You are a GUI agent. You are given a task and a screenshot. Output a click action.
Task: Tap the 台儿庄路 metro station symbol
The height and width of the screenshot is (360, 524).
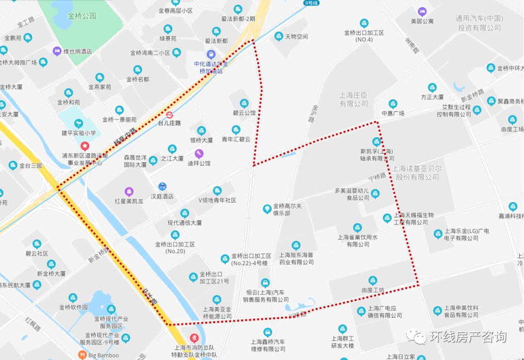pyautogui.click(x=169, y=115)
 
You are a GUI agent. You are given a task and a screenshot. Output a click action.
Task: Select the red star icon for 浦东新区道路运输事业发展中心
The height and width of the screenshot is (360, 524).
pyautogui.click(x=85, y=145)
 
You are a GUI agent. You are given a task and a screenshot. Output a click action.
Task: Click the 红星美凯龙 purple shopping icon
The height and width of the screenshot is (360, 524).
pyautogui.click(x=129, y=191)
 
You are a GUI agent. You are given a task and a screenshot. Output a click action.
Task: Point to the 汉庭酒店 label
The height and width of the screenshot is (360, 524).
pyautogui.click(x=162, y=196)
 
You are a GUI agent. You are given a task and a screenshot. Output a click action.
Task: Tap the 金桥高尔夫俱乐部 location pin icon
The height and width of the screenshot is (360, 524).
pyautogui.click(x=266, y=209)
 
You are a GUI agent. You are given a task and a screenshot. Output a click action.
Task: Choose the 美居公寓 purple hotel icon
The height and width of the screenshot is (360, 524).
pyautogui.click(x=422, y=11)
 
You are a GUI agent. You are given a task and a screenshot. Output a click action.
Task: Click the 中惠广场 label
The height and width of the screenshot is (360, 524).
pyautogui.click(x=393, y=113)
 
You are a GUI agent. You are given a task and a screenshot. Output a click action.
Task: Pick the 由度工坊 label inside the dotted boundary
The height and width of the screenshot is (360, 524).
pyautogui.click(x=373, y=290)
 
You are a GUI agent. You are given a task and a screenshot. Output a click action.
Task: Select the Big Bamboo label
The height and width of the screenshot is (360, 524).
pyautogui.click(x=103, y=355)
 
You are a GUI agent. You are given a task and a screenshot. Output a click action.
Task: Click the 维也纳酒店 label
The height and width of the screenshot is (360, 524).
pyautogui.click(x=78, y=51)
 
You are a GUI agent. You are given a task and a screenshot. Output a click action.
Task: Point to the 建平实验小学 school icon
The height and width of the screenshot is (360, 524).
pyautogui.click(x=78, y=123)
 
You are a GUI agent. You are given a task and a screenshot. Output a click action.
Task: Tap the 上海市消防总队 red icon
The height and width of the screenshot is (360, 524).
pyautogui.click(x=195, y=338)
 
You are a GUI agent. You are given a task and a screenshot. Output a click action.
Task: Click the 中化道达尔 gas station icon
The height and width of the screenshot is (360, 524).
pyautogui.click(x=211, y=54)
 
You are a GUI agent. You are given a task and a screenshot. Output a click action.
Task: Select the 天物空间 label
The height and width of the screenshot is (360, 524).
pyautogui.click(x=296, y=36)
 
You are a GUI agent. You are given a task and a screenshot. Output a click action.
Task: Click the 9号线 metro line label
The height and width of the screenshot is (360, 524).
pyautogui.click(x=311, y=3)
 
